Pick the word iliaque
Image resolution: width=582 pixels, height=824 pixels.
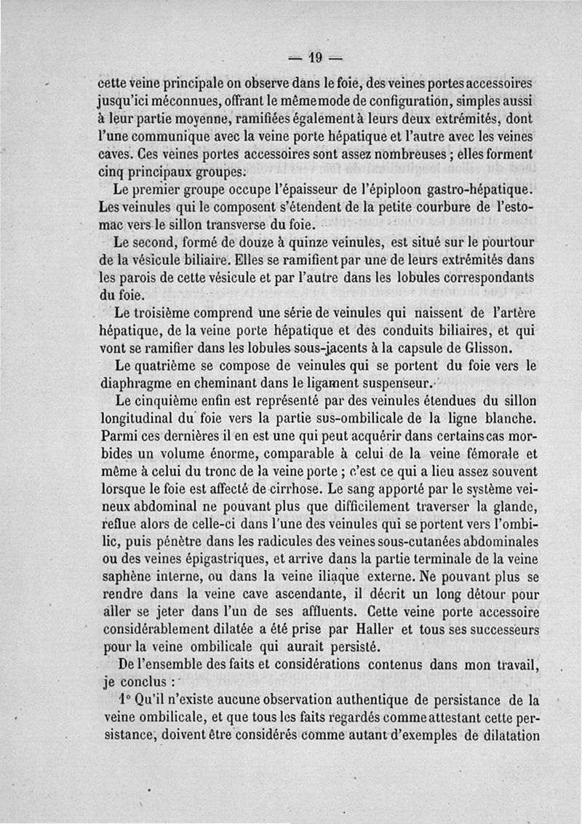coord(354,575)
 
